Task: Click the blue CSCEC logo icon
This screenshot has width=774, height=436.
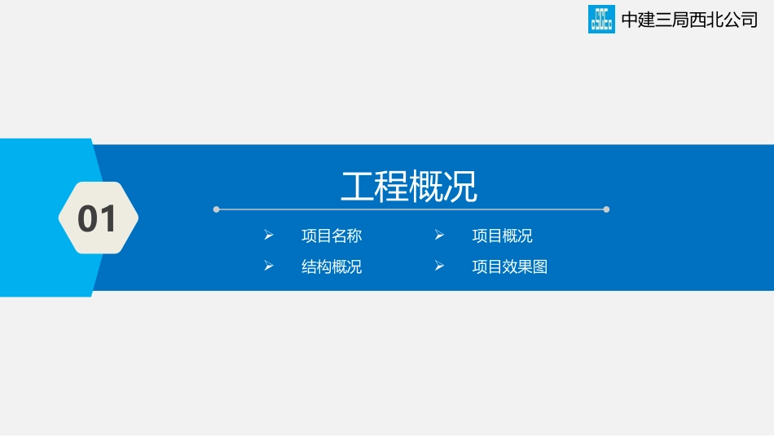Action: pos(601,20)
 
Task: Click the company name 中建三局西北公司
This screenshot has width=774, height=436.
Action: pos(689,20)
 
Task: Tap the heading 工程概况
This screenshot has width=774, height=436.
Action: pos(409,187)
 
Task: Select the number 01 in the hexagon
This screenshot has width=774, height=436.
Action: pos(98,218)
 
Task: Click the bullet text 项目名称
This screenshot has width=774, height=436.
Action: pos(332,236)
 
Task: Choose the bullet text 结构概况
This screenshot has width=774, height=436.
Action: pos(332,266)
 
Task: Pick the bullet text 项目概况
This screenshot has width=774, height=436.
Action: pos(503,236)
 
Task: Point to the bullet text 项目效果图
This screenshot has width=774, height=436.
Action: pos(510,266)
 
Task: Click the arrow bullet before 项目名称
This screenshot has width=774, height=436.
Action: pos(268,236)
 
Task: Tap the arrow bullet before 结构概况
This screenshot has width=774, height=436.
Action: pos(268,266)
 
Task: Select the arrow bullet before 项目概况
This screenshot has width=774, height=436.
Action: pos(439,236)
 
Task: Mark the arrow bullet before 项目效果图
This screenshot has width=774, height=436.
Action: pos(439,266)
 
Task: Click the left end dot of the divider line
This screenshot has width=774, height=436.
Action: pos(216,209)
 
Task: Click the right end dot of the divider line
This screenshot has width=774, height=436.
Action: pos(606,209)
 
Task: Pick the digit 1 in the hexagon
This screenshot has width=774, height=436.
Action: pos(109,218)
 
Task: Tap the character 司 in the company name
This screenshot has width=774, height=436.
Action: pos(749,20)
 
